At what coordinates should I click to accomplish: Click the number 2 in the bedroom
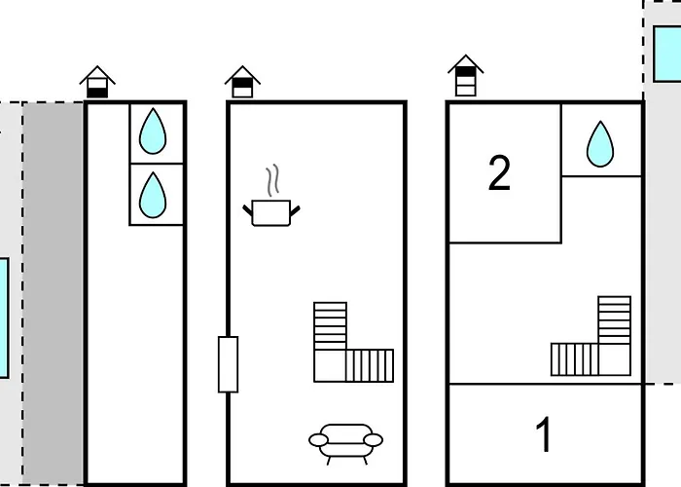pos(499,173)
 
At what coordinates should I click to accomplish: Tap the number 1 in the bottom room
pos(544,434)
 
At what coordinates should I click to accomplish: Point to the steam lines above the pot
pos(272,180)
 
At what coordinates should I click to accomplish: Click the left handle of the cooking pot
pos(247,210)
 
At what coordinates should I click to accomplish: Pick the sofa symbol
pos(345,444)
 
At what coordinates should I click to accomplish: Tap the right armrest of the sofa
pos(373,440)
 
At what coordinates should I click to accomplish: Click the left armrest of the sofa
pos(318,440)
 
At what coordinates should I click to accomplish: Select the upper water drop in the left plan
pos(153,131)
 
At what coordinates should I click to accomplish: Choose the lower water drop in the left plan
pos(153,196)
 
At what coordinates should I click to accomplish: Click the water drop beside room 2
pos(600,144)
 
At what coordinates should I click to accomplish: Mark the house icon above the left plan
pos(97,82)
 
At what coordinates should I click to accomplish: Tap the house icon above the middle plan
pos(242,82)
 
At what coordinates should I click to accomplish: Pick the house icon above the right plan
pos(466,76)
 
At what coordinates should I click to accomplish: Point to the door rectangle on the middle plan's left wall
pos(228,364)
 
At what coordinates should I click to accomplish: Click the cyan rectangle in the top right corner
pos(667,54)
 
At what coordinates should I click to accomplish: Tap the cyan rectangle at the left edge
pos(4,318)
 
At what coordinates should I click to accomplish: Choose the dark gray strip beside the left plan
pos(53,294)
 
